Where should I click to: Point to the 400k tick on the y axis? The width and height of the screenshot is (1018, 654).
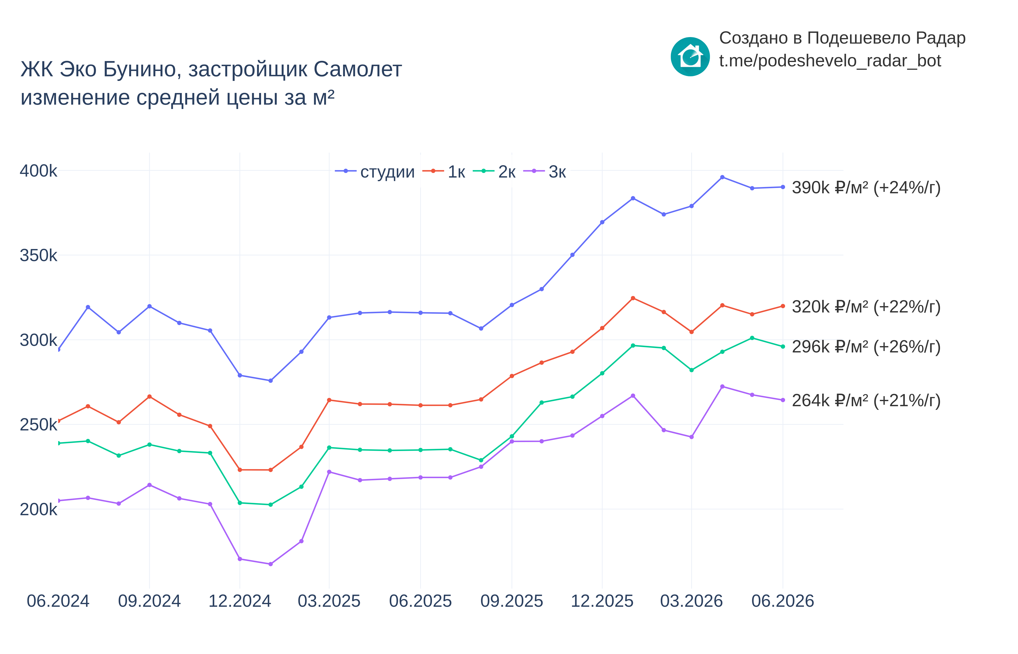coord(38,171)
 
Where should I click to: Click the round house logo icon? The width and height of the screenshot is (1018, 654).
coord(690,56)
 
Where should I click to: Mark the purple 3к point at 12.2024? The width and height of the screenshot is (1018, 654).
coord(240,559)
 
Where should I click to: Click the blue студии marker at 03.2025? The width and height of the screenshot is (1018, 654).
coord(329,318)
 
